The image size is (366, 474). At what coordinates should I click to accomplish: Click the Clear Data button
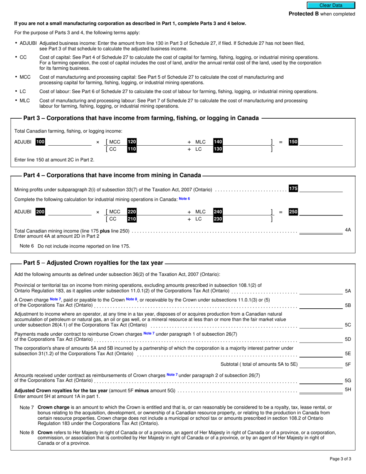click(330, 5)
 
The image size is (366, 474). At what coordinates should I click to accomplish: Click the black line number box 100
click(40, 142)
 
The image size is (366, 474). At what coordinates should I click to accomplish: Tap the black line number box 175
click(293, 188)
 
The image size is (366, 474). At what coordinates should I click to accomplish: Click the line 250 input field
click(321, 212)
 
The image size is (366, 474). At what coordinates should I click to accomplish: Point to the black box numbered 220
click(132, 212)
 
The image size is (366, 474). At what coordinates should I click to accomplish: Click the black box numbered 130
click(218, 149)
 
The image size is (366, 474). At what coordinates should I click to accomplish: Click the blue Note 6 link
click(185, 199)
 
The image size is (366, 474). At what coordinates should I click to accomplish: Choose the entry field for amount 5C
click(321, 324)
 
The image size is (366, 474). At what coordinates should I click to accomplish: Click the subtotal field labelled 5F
click(321, 364)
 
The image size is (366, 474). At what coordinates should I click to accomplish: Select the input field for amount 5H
click(321, 390)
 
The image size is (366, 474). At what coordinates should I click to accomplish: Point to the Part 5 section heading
click(93, 263)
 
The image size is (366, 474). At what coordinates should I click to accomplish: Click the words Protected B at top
click(304, 14)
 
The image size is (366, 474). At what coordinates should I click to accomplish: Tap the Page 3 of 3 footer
click(340, 459)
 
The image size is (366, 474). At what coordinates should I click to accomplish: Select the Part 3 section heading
click(141, 118)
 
